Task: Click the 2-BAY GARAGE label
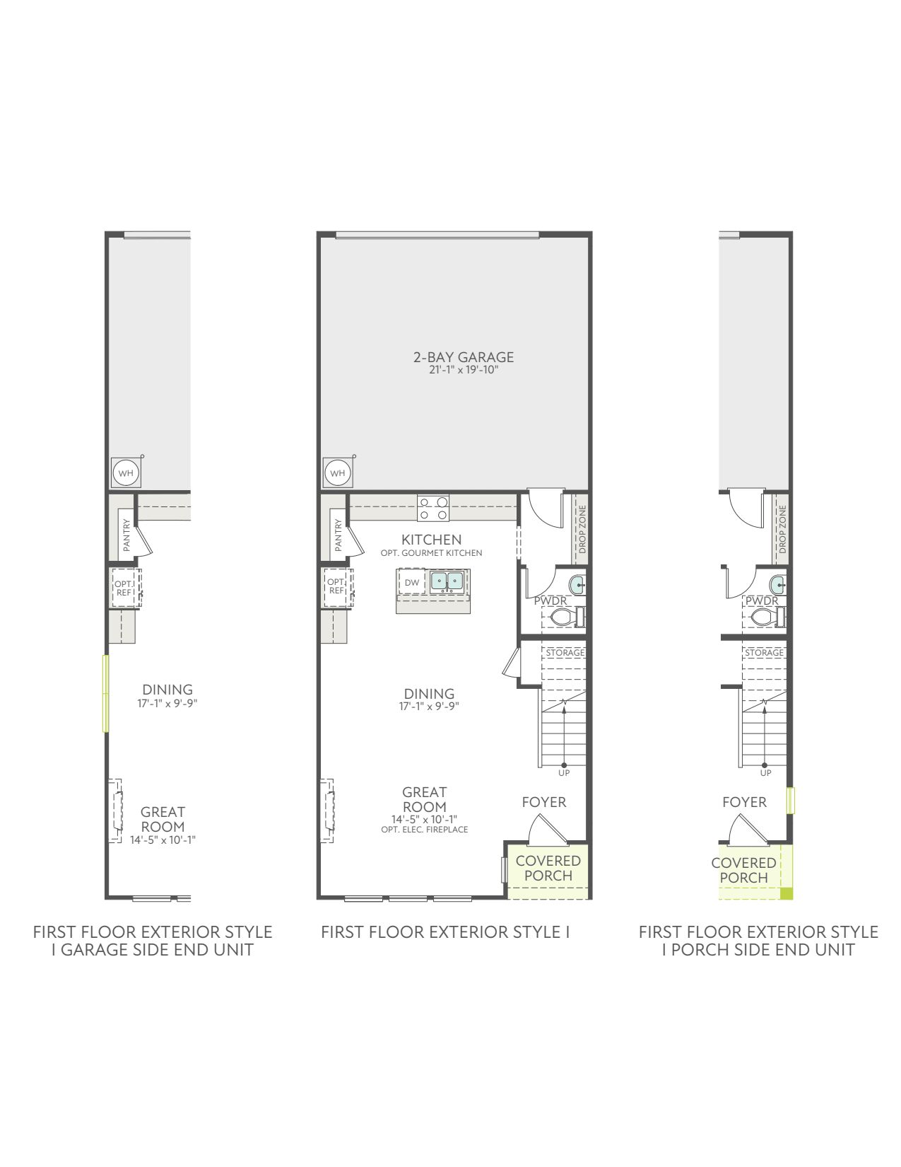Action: [x=463, y=357]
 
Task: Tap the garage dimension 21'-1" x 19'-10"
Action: [x=464, y=370]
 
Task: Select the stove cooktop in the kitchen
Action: [x=434, y=509]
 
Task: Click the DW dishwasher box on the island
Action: [x=412, y=583]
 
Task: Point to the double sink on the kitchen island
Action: [x=447, y=581]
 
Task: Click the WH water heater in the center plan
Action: [x=338, y=473]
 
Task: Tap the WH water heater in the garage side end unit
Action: [x=126, y=473]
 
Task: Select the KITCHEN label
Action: [x=432, y=540]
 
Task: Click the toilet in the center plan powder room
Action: [x=565, y=617]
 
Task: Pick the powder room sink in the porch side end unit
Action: [x=777, y=583]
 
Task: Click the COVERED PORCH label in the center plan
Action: [x=548, y=869]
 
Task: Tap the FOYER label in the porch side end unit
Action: [x=744, y=802]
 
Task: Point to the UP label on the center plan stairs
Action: [x=564, y=773]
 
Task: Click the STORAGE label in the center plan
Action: [x=565, y=653]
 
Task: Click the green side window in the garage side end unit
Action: [x=106, y=693]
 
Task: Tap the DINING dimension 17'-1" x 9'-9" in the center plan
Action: [x=429, y=707]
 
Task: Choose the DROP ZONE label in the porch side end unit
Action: [x=782, y=530]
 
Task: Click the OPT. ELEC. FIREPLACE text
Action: [x=425, y=830]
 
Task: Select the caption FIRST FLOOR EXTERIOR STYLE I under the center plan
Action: [x=445, y=932]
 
